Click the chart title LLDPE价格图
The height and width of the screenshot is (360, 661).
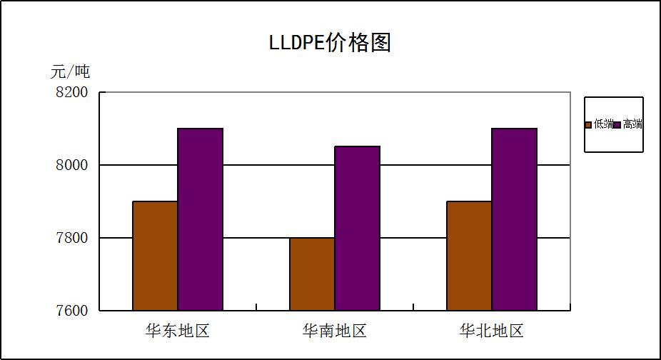(330, 42)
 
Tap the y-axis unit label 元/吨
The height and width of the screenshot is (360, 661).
(70, 71)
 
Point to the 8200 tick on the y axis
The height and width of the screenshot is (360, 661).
(71, 93)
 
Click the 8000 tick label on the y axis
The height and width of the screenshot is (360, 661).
(71, 165)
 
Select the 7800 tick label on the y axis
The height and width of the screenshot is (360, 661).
(71, 238)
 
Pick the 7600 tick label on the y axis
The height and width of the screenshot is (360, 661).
(71, 311)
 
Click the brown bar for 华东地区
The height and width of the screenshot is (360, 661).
(155, 256)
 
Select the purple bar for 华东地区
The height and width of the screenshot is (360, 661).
(200, 219)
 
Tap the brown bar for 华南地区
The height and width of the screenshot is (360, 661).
(312, 274)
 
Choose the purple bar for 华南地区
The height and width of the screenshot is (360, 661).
(357, 229)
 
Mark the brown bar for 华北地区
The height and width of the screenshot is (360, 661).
(469, 256)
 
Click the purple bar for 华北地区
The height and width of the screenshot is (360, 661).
(514, 219)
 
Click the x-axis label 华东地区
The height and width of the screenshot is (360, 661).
(178, 331)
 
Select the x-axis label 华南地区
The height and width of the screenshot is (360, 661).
(335, 331)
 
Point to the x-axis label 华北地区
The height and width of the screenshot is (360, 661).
(492, 331)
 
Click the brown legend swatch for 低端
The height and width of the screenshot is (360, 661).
(589, 125)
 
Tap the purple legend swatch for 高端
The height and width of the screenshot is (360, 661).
(617, 125)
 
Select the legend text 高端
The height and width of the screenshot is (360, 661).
(632, 124)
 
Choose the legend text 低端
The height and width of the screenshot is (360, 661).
(602, 124)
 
